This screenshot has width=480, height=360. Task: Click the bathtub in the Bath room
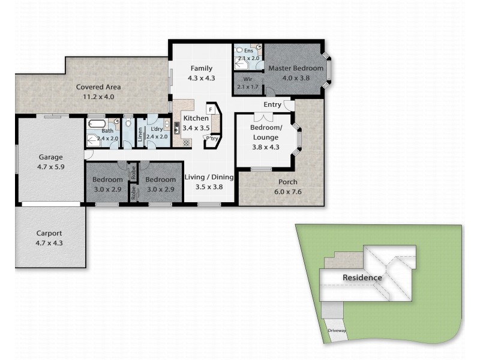[x=97, y=124]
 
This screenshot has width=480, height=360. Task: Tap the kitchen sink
[x=177, y=128]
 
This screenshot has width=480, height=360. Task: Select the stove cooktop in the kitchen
[x=187, y=142]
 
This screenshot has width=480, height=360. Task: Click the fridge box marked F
[x=211, y=110]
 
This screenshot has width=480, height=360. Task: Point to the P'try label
[x=212, y=139]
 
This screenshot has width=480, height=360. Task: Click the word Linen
[x=140, y=134]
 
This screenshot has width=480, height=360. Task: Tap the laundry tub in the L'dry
[x=167, y=124]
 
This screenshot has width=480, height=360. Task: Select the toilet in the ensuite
[x=239, y=50]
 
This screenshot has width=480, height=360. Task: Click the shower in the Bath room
[x=93, y=141]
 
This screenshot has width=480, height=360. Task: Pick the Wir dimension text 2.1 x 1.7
[x=248, y=86]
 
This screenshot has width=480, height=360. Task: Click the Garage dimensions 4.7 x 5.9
[x=51, y=167]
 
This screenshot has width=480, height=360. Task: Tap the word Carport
[x=49, y=233]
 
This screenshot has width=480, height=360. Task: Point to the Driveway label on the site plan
[x=337, y=331]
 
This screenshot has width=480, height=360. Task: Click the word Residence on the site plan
[x=362, y=278]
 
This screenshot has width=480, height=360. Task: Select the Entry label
[x=272, y=104]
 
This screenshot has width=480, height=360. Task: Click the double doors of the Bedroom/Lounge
[x=263, y=117]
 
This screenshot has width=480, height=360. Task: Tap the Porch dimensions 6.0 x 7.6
[x=288, y=192]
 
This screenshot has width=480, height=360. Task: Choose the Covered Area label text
[x=98, y=87]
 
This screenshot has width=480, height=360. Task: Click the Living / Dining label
[x=209, y=177]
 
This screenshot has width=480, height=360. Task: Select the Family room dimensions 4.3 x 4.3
[x=202, y=78]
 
